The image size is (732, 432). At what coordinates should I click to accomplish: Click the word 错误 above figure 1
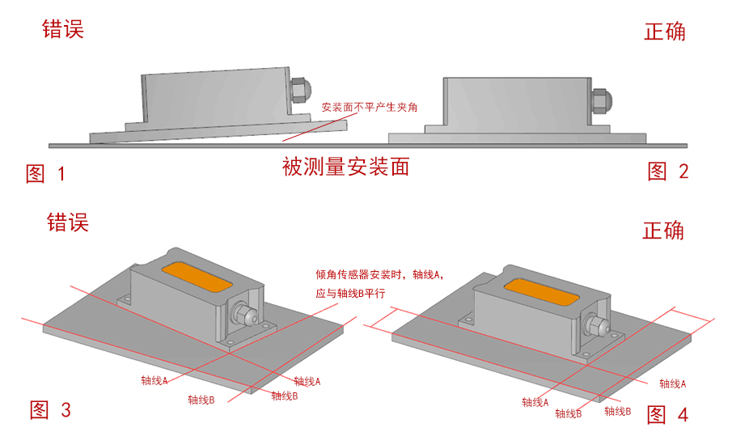click(x=63, y=30)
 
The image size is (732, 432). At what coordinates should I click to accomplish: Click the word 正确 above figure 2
click(x=664, y=32)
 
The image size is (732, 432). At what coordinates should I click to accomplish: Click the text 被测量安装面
click(x=345, y=167)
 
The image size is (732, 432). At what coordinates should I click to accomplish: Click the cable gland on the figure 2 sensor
click(x=601, y=100)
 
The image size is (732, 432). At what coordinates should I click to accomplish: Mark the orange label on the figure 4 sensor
click(x=539, y=289)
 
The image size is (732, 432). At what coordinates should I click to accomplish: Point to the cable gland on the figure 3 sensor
click(x=242, y=313)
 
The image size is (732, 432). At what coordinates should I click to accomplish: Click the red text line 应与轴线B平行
click(x=355, y=294)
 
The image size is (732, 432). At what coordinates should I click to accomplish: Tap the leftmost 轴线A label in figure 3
click(x=154, y=379)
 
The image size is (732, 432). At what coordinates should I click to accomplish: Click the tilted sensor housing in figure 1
click(x=214, y=96)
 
